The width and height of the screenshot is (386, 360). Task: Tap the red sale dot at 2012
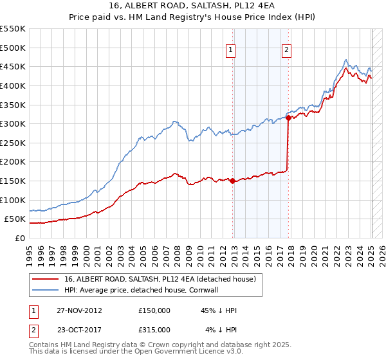pos(232,181)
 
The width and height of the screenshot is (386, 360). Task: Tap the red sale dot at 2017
pos(288,118)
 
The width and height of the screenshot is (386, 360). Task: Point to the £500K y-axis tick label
pos(13,48)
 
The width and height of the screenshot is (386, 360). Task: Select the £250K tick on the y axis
pos(13,143)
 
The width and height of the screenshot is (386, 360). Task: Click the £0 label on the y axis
pos(19,238)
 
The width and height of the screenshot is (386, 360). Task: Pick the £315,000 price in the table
pos(154,330)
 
